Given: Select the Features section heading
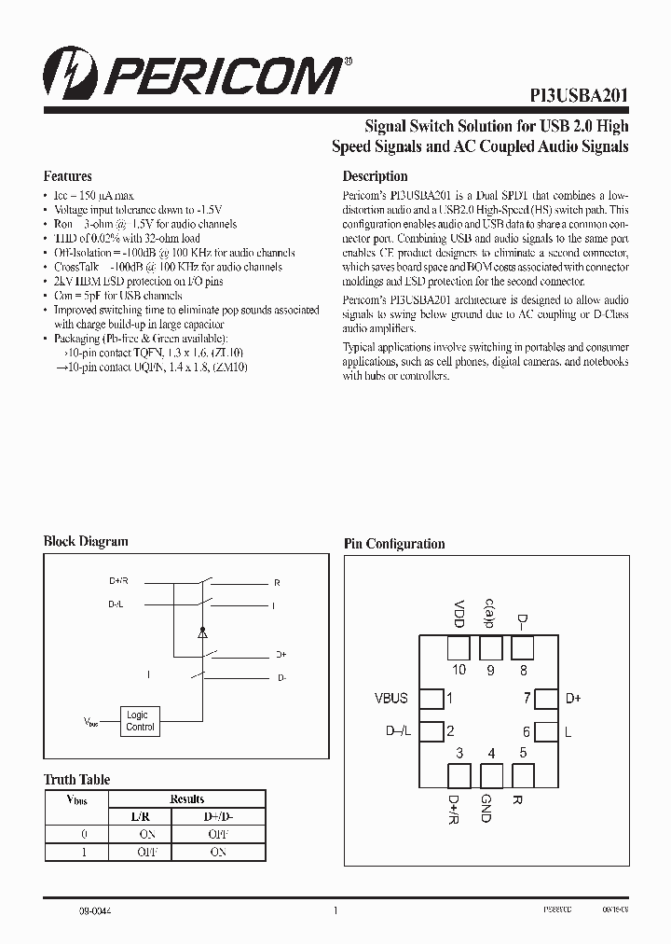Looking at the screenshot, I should [x=68, y=176].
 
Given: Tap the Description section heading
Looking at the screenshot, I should [x=375, y=176].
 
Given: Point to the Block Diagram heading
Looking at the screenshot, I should [x=86, y=541].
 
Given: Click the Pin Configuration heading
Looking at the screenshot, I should [x=394, y=544].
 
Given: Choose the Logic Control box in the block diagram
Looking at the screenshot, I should [x=140, y=721].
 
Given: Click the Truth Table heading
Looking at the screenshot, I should [x=76, y=780].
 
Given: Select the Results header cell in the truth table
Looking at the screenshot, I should [x=186, y=799].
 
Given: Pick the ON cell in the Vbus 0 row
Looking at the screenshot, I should [x=147, y=834].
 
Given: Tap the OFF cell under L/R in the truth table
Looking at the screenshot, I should [x=147, y=852].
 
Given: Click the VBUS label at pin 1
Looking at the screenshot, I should [x=390, y=698].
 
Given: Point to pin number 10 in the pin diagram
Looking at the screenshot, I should [x=459, y=670].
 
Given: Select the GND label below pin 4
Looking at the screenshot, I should [x=486, y=808].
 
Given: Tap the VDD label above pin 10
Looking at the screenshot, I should [x=459, y=612].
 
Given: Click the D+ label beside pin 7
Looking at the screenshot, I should [x=573, y=698].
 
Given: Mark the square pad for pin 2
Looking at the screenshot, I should [x=431, y=732].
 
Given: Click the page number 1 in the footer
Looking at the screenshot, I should [x=335, y=910].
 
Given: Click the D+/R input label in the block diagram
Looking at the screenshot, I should [x=118, y=581].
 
